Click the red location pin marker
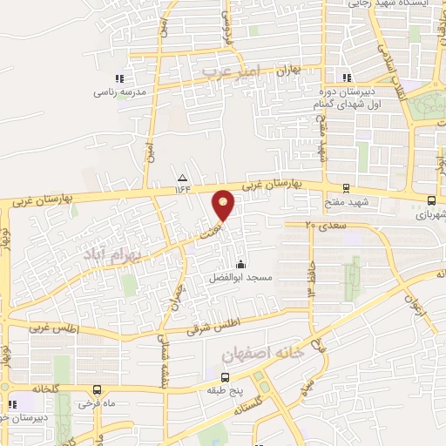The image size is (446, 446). (224, 206)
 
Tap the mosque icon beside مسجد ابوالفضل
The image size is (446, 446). (240, 264)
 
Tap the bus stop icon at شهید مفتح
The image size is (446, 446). (347, 187)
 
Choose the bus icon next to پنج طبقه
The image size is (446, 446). (226, 378)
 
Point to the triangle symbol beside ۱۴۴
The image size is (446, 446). (181, 175)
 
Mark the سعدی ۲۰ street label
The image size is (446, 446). (327, 226)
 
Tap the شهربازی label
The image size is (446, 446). (429, 213)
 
